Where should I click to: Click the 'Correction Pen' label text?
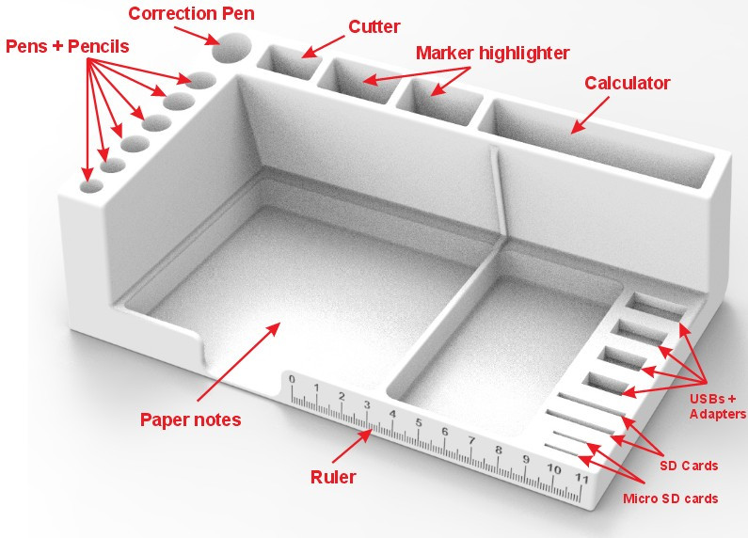tap(192, 14)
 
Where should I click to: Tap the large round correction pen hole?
tap(231, 48)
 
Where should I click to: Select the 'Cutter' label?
tap(373, 26)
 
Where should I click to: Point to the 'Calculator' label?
tap(627, 83)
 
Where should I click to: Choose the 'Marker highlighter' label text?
tap(492, 52)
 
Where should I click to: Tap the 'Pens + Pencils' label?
tap(67, 45)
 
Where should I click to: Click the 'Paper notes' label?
tap(190, 419)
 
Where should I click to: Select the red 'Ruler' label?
tap(333, 477)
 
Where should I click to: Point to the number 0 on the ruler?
tap(292, 380)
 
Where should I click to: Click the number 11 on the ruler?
tap(582, 479)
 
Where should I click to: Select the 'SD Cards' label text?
tap(687, 466)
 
